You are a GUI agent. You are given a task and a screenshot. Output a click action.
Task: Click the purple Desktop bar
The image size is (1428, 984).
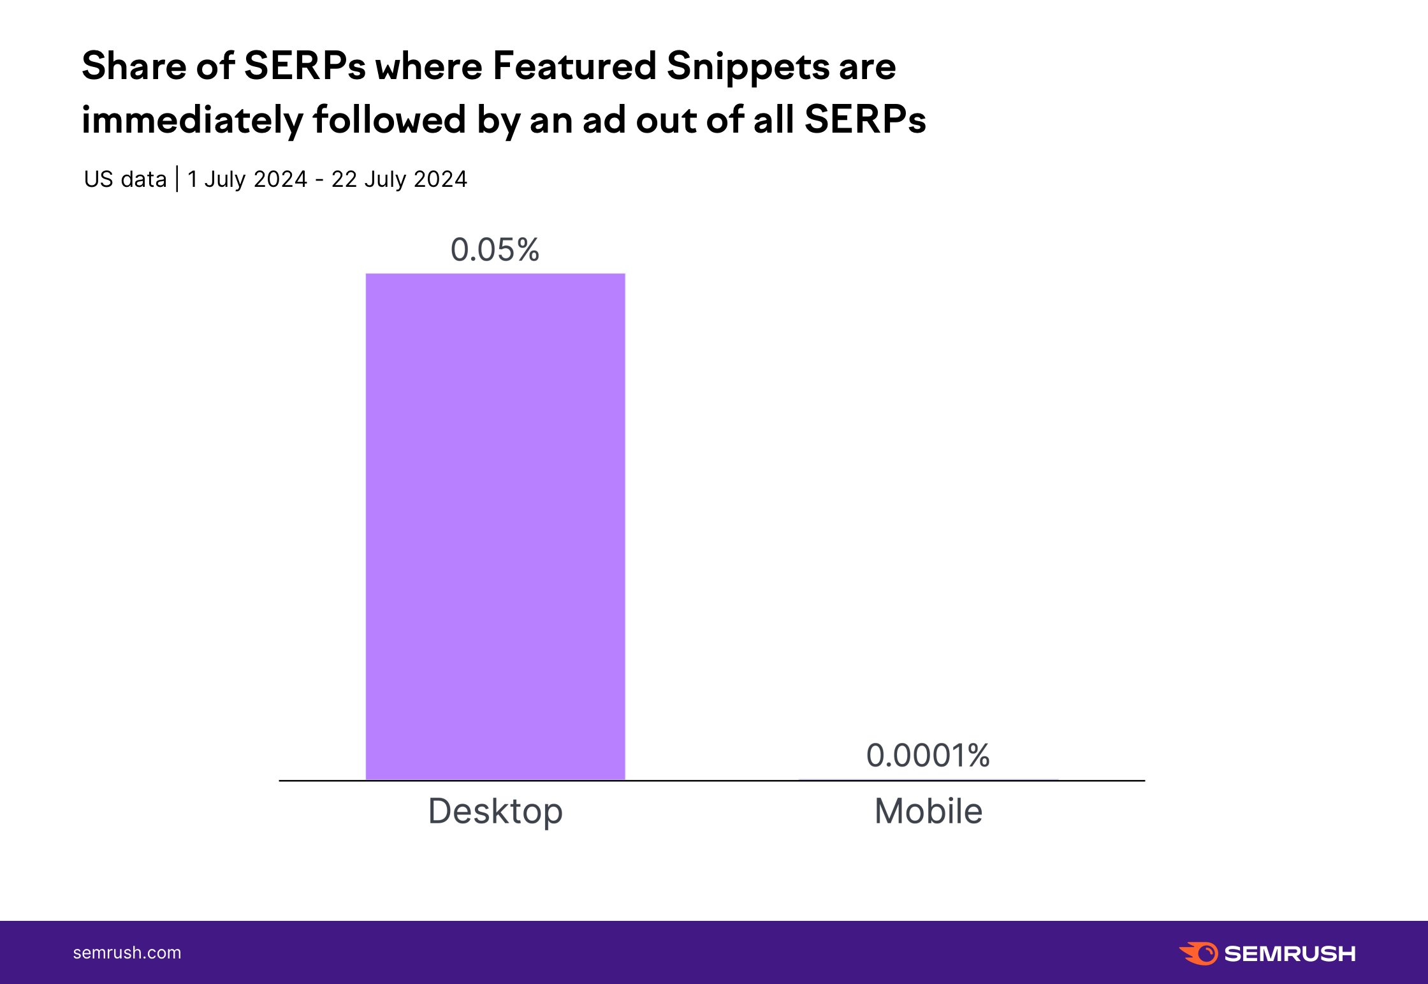[x=495, y=526]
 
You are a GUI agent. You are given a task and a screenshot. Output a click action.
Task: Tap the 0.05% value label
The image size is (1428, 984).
[x=495, y=249]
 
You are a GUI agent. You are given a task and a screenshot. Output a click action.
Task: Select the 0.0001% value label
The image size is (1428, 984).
[x=928, y=756]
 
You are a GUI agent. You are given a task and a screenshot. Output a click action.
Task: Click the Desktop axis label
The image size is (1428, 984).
[x=495, y=811]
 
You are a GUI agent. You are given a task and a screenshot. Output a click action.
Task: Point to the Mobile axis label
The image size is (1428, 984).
[x=928, y=811]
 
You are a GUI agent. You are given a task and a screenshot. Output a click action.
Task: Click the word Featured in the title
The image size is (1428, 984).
[x=574, y=66]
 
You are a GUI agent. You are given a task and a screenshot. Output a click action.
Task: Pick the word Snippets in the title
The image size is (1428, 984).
[x=748, y=67]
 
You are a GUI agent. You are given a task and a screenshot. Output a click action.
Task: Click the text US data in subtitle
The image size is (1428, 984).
[x=125, y=179]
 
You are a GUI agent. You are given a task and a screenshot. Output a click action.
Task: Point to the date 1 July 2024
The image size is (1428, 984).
[x=247, y=179]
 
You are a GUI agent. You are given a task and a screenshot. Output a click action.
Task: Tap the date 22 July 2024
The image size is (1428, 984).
[x=399, y=179]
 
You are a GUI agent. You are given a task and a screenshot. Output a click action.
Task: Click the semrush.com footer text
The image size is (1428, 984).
[x=127, y=953]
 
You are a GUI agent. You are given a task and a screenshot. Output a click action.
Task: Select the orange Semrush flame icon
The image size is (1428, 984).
[x=1198, y=953]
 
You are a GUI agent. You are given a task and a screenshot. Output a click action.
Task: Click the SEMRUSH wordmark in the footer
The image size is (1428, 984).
[x=1290, y=954]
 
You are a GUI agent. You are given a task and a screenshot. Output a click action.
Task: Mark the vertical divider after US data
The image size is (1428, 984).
[x=177, y=179]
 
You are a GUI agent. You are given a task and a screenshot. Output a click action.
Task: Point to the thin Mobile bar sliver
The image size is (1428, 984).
[x=928, y=779]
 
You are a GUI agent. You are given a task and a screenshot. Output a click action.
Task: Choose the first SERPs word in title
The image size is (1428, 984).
[x=305, y=66]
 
